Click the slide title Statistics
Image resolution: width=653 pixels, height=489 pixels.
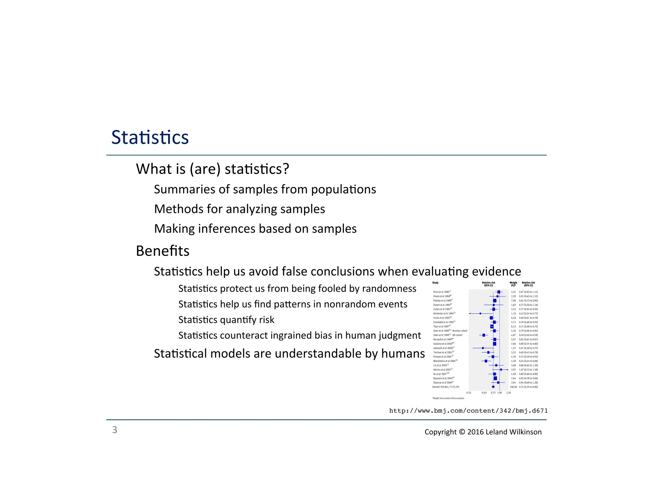point(150,138)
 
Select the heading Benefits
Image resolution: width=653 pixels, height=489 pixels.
point(163,251)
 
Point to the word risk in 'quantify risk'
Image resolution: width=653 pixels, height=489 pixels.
point(267,320)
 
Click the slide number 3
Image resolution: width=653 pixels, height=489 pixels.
point(114,430)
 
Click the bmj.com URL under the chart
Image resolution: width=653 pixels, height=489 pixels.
point(468,411)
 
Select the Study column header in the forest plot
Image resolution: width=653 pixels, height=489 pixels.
point(435,283)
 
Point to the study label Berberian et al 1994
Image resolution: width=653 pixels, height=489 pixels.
point(444,314)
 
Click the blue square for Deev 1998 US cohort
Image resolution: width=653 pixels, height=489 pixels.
point(484,335)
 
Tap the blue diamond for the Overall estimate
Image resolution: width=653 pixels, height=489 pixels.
point(493,387)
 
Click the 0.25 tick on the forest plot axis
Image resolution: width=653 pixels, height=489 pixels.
point(469,393)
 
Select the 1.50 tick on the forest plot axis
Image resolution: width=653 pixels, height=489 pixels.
point(509,393)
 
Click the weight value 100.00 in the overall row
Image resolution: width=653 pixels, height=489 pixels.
point(513,387)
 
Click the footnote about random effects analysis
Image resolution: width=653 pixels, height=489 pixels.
point(448,398)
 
